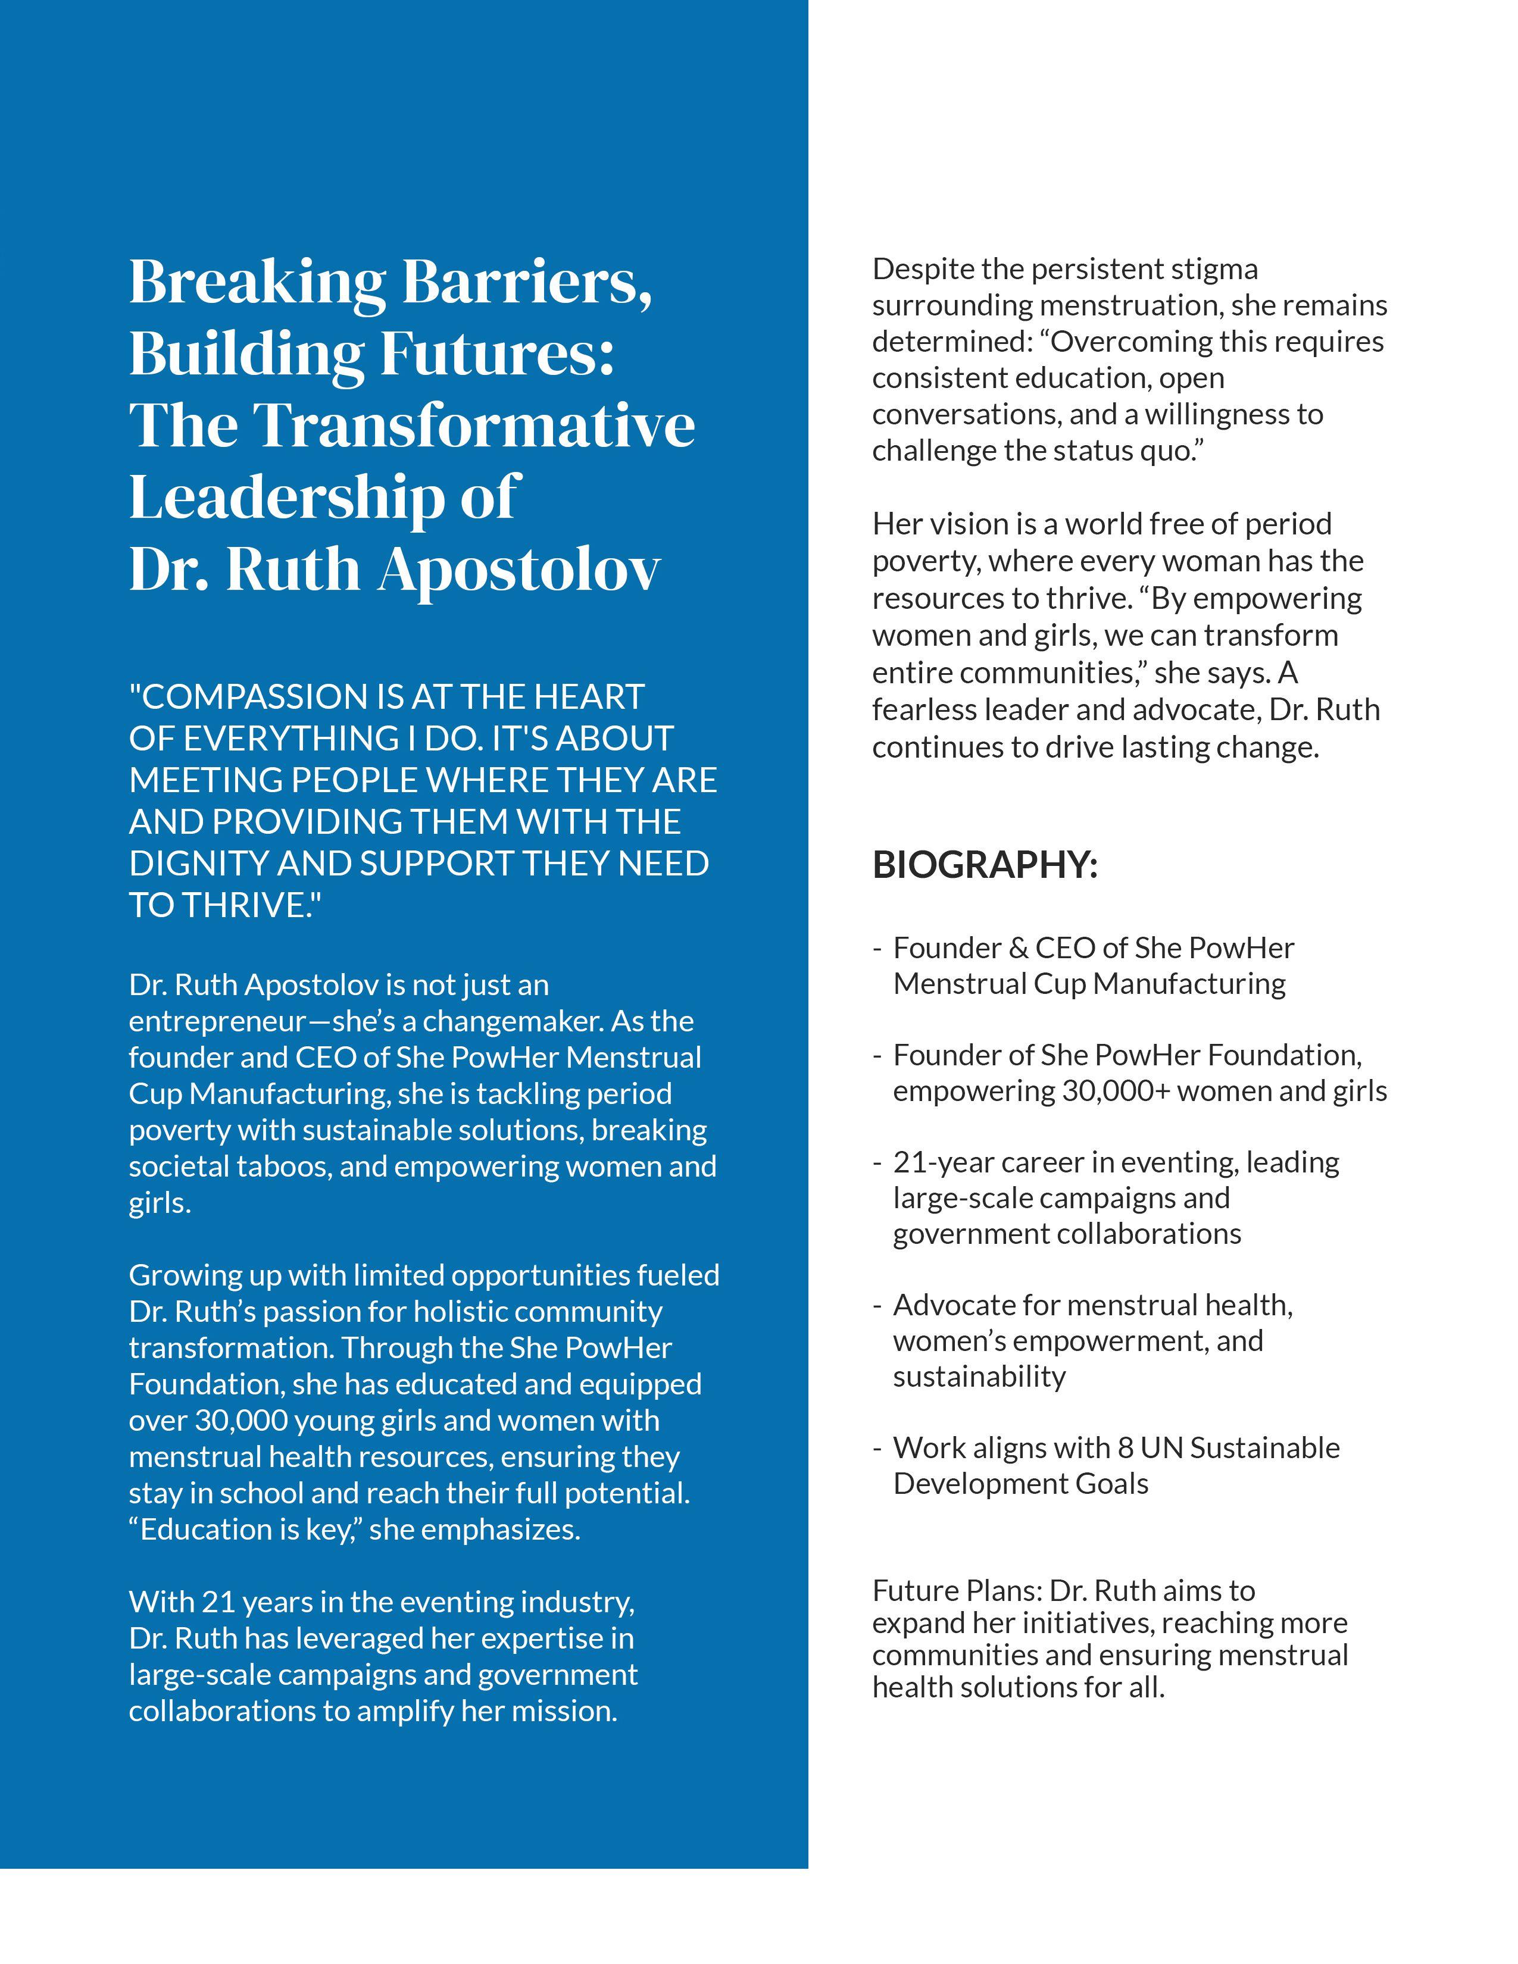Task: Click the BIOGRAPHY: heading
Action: (985, 865)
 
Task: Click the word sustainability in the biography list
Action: (979, 1376)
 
